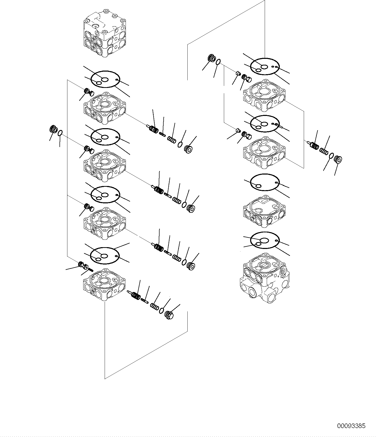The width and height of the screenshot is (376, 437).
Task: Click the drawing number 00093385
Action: pyautogui.click(x=351, y=426)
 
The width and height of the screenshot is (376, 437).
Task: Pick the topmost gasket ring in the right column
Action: pyautogui.click(x=264, y=67)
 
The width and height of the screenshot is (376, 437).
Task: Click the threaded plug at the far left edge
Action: pyautogui.click(x=53, y=129)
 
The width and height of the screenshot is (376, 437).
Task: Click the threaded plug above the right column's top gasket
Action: pyautogui.click(x=211, y=58)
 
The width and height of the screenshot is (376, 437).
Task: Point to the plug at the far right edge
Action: pyautogui.click(x=338, y=159)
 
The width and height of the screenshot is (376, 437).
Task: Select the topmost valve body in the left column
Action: pyautogui.click(x=105, y=107)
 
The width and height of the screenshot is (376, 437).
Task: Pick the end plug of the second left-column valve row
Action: pyautogui.click(x=191, y=208)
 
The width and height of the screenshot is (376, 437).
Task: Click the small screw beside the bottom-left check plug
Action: pyautogui.click(x=90, y=269)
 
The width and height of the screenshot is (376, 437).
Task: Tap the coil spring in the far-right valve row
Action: pyautogui.click(x=324, y=151)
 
